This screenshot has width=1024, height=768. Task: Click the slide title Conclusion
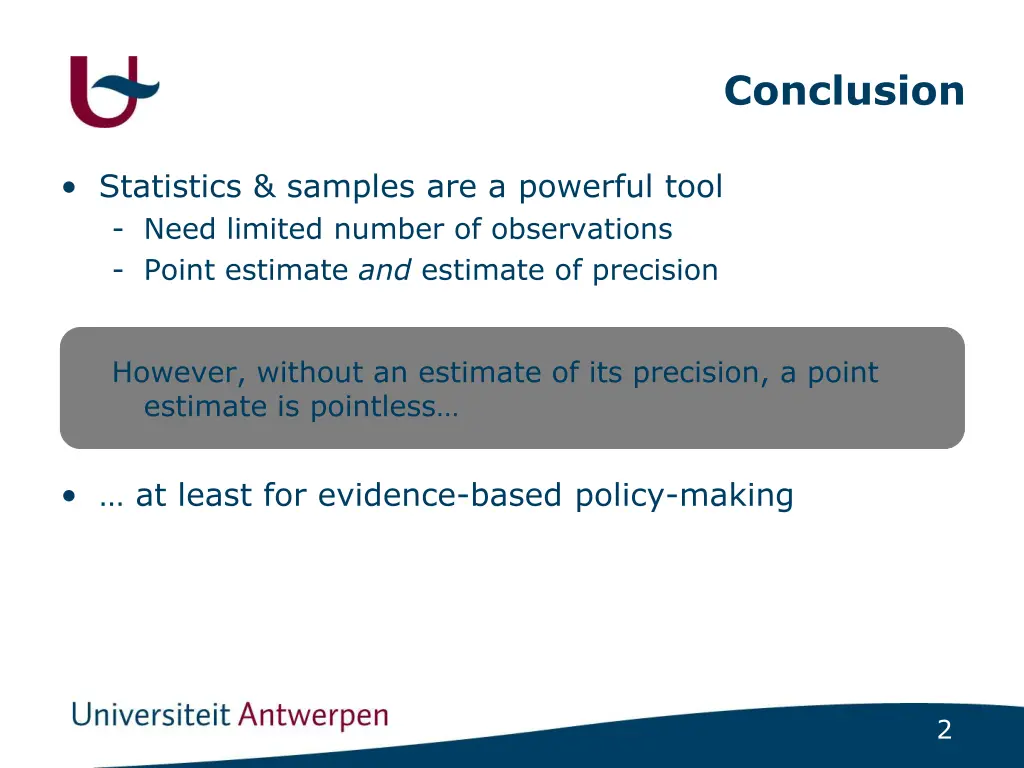click(x=844, y=91)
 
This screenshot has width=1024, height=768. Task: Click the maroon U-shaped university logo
click(x=108, y=92)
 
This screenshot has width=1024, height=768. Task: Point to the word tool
click(x=694, y=187)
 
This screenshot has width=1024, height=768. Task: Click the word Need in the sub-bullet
click(x=180, y=229)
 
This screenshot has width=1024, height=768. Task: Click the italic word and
click(x=385, y=271)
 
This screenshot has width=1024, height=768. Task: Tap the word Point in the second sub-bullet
click(x=180, y=271)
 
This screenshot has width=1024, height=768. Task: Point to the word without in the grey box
click(x=310, y=373)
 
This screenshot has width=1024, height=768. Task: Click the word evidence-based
click(x=442, y=496)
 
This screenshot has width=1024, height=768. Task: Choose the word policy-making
click(x=684, y=496)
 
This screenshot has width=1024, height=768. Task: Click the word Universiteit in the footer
click(x=151, y=716)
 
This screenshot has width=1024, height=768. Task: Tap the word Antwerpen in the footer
click(x=314, y=717)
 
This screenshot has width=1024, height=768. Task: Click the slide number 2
click(x=944, y=731)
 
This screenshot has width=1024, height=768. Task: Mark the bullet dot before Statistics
click(x=68, y=188)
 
